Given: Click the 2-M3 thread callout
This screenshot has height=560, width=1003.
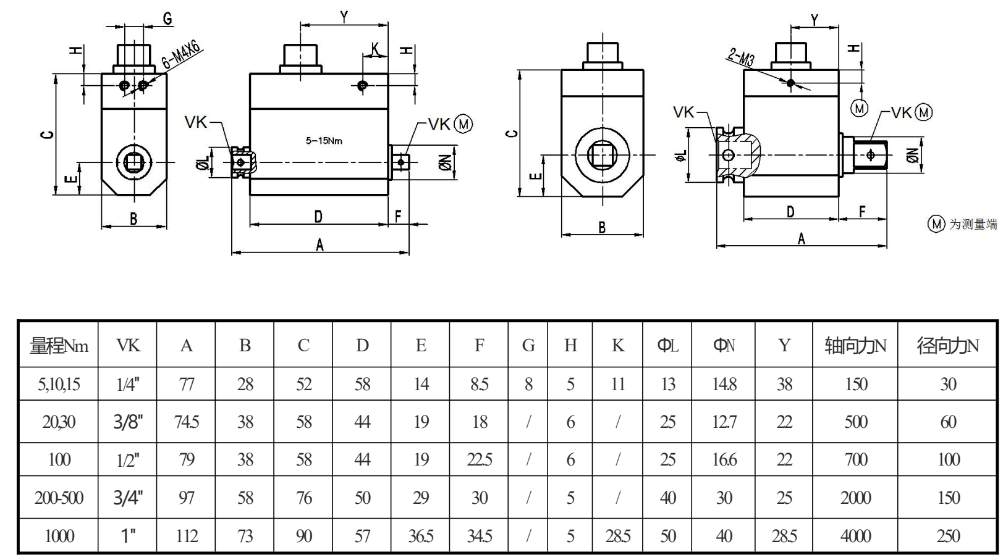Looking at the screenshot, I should click(742, 57).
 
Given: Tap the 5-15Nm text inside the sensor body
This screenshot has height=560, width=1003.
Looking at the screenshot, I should click(324, 141).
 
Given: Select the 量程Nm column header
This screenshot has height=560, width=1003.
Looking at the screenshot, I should click(59, 346).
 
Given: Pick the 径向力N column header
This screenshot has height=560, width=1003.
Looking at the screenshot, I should click(947, 346).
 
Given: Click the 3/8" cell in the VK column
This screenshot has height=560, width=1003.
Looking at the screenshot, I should click(128, 422).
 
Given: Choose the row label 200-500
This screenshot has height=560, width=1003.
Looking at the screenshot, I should click(59, 498).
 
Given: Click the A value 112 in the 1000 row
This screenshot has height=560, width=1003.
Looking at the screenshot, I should click(187, 536).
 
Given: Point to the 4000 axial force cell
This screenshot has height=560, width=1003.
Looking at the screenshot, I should click(855, 536).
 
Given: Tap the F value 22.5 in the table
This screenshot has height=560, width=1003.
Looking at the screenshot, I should click(479, 460).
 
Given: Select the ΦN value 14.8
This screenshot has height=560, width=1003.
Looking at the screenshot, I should click(724, 385).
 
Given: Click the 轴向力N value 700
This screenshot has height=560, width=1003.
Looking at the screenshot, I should click(855, 460).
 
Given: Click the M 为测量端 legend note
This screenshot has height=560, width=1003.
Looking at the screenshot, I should click(963, 224).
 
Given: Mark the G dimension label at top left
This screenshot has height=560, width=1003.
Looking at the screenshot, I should click(167, 19).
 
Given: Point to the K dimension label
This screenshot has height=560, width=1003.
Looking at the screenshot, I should click(375, 49).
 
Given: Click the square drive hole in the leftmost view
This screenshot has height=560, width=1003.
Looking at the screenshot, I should click(133, 162).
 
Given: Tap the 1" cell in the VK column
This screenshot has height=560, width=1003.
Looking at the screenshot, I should click(128, 536).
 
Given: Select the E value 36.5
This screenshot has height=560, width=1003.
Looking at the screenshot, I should click(421, 536).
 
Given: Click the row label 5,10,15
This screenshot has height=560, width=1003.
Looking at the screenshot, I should click(59, 385).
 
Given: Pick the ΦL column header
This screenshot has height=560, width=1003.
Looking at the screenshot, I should click(667, 346).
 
